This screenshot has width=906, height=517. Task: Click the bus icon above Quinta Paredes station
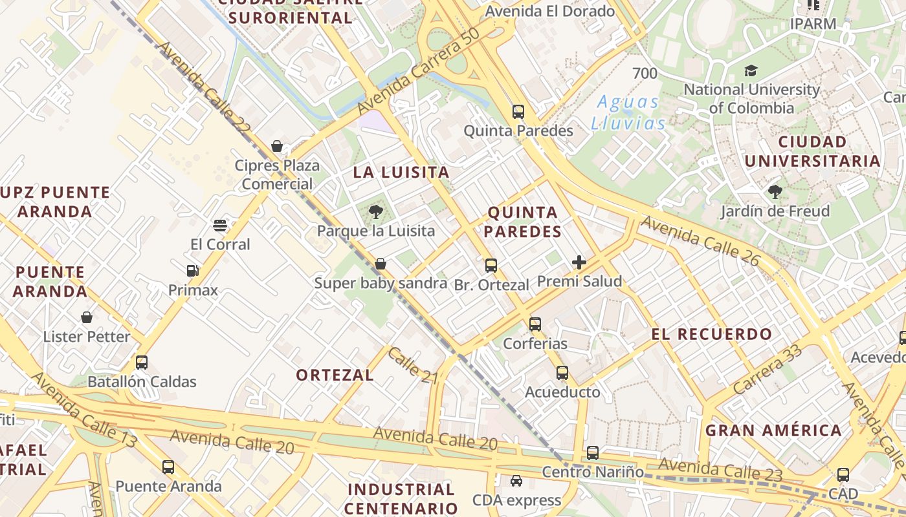(518, 111)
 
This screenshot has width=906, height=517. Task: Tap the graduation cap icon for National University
(751, 70)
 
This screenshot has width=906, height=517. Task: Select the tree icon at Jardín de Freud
(775, 192)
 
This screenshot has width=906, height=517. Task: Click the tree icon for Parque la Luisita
(375, 211)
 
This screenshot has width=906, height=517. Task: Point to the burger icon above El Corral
(220, 226)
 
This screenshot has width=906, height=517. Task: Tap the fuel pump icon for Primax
(192, 271)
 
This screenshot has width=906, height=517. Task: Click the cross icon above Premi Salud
(579, 262)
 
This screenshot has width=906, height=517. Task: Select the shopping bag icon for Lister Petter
(87, 317)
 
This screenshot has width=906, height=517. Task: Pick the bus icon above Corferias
(535, 324)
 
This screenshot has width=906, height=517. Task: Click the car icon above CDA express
(516, 481)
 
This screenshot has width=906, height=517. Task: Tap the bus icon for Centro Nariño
(592, 453)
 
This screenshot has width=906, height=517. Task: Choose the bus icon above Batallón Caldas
(142, 363)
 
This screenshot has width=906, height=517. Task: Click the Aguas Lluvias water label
(628, 112)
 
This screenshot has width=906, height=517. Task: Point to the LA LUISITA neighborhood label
(401, 173)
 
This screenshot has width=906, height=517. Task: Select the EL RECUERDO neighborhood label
(711, 335)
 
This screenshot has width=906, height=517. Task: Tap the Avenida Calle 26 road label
(700, 240)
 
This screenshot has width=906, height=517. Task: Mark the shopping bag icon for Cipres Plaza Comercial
(277, 146)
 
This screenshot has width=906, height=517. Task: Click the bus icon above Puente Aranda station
(168, 467)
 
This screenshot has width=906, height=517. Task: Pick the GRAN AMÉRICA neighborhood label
(773, 430)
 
